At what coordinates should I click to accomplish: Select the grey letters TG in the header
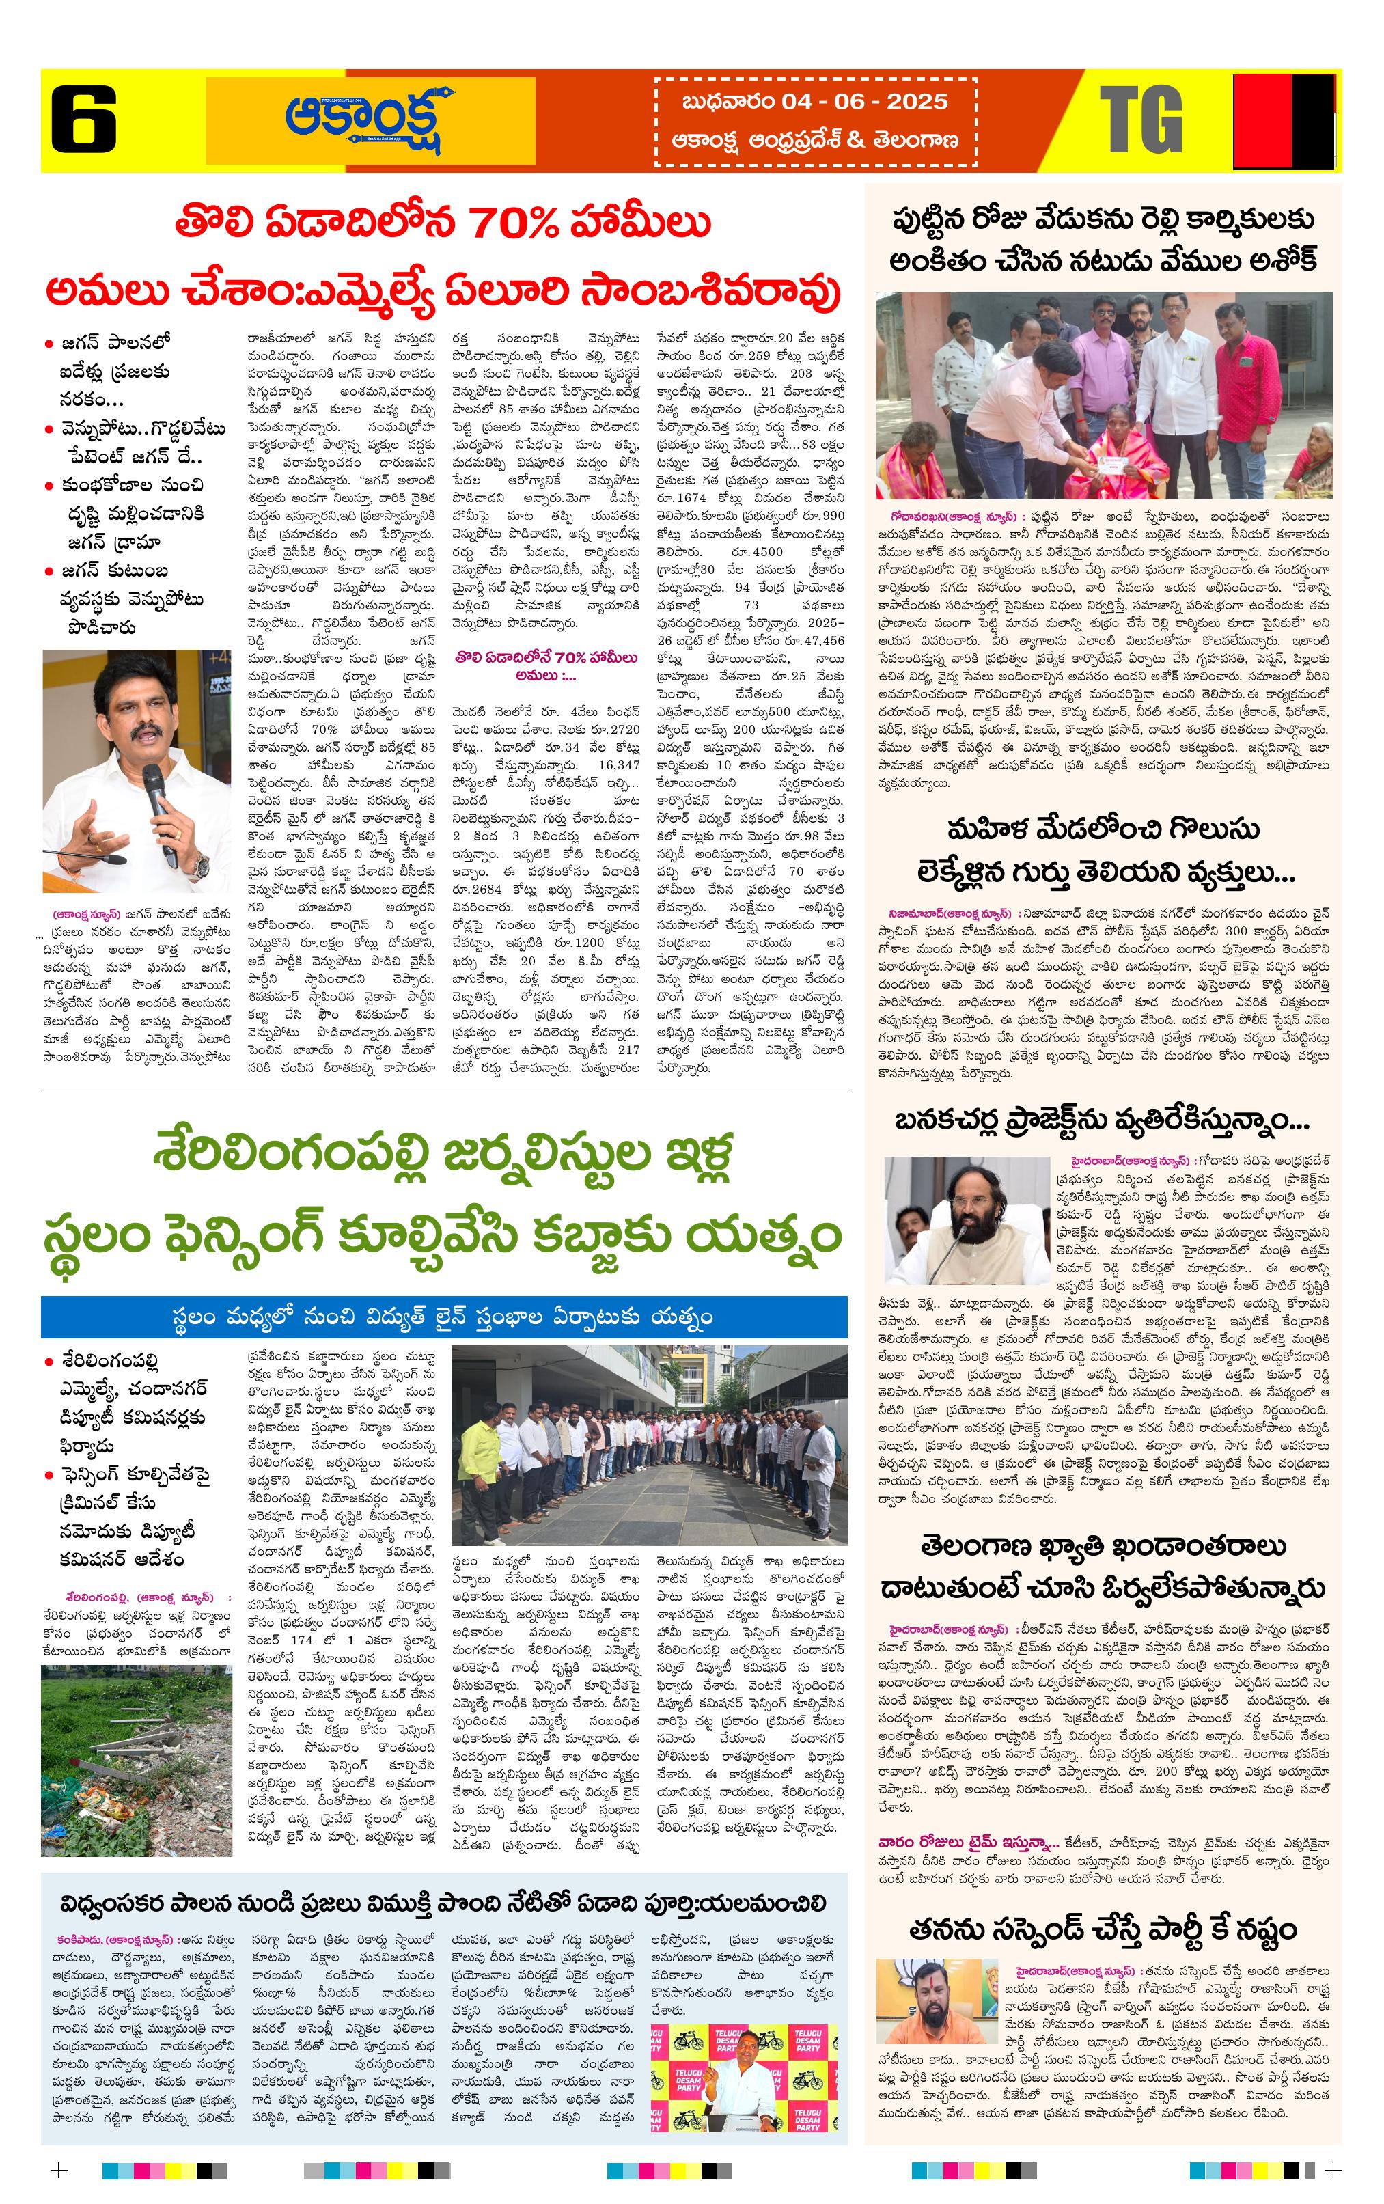(x=1141, y=120)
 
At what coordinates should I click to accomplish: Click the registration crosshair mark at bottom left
(x=59, y=2170)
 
